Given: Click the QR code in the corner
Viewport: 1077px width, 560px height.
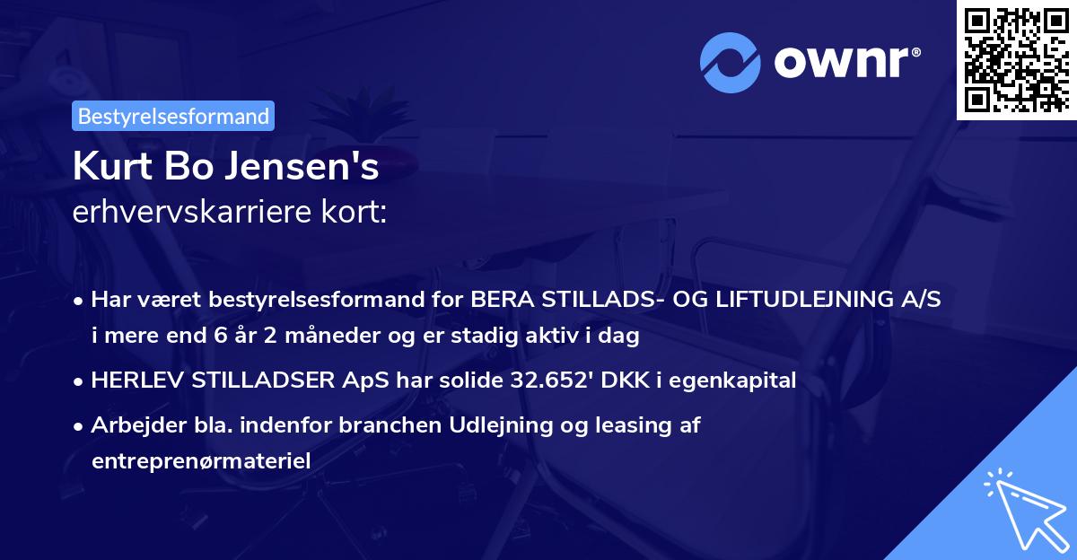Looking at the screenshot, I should [1017, 60].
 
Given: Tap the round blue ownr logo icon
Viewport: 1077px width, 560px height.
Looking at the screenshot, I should [729, 62].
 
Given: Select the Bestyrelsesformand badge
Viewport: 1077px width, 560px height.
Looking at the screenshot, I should [174, 116].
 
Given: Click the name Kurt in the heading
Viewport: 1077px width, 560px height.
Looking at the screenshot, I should [108, 167].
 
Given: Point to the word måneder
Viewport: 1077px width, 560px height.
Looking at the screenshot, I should [295, 337].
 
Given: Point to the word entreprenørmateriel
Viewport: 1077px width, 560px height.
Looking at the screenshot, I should [200, 461].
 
